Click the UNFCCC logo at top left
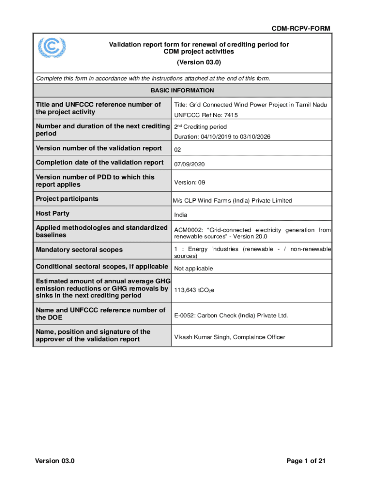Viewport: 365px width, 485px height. pyautogui.click(x=52, y=48)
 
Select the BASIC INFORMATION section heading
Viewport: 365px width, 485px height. pyautogui.click(x=182, y=90)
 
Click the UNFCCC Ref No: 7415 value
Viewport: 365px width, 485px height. pyautogui.click(x=206, y=115)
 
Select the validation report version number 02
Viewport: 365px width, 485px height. pyautogui.click(x=178, y=150)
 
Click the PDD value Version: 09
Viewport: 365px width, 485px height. pyautogui.click(x=190, y=182)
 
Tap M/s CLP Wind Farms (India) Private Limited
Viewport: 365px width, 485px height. pyautogui.click(x=232, y=201)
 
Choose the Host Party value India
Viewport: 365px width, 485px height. pyautogui.click(x=181, y=215)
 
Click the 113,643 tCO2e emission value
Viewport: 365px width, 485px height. pyautogui.click(x=194, y=290)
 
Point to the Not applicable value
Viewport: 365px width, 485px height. pyautogui.click(x=193, y=269)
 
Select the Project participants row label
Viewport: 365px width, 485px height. pyautogui.click(x=67, y=199)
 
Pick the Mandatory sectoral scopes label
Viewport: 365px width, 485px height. pyautogui.click(x=79, y=250)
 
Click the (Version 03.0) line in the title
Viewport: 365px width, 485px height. pyautogui.click(x=199, y=63)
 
